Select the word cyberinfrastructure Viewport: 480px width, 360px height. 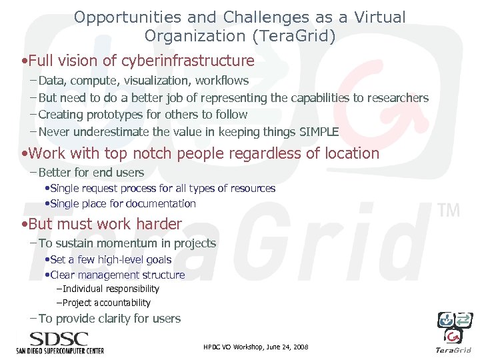tap(189, 61)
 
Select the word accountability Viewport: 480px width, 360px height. tap(121, 303)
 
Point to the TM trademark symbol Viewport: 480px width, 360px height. tap(448, 211)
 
